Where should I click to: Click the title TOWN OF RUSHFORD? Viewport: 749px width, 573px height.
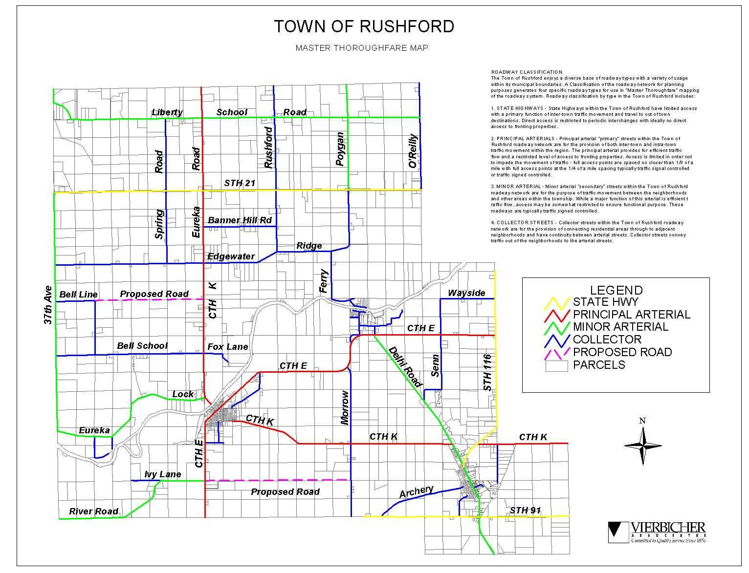click(364, 26)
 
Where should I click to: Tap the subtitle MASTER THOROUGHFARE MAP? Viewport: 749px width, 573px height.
click(362, 48)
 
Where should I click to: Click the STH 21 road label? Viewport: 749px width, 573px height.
click(240, 183)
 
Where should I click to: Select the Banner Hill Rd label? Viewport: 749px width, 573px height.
click(240, 220)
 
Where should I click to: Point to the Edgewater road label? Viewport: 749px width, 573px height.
click(231, 256)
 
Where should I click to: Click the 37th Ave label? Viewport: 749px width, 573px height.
click(47, 305)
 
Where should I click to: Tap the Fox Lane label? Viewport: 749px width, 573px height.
click(227, 347)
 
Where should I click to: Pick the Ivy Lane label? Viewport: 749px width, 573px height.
click(163, 474)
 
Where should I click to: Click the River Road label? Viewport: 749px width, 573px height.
click(93, 511)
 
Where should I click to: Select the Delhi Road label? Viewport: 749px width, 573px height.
click(405, 367)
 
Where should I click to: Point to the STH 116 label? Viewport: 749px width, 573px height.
click(487, 372)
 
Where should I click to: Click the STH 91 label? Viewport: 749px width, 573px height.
click(525, 510)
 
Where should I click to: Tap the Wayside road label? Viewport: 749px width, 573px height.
click(466, 293)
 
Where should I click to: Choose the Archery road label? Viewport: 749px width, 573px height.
click(417, 492)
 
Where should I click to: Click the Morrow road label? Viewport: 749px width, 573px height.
click(345, 407)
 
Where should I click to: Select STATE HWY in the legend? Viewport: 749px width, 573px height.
click(605, 302)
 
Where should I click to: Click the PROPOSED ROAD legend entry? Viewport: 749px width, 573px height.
click(622, 352)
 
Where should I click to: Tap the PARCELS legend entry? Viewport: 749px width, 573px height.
click(599, 365)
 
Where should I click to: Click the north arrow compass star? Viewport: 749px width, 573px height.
click(642, 445)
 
